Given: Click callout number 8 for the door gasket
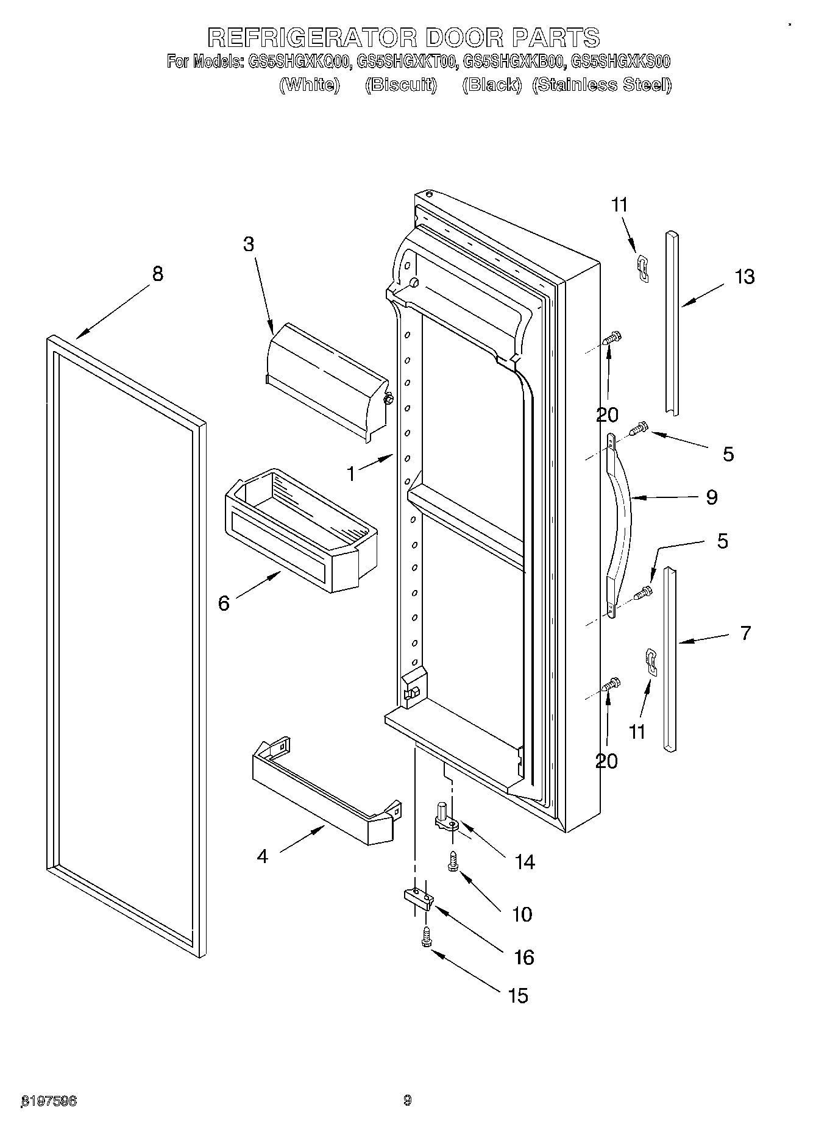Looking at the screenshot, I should point(157,274).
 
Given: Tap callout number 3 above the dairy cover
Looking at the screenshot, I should point(248,244).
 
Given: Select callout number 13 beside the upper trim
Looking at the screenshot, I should point(744,277).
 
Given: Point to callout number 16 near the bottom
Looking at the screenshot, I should point(524,957).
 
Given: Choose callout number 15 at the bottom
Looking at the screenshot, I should point(517,996).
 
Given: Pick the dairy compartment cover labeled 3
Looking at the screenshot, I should point(326,381).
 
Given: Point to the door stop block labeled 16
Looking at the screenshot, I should point(419,898).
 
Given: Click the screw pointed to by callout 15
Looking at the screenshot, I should point(426,937).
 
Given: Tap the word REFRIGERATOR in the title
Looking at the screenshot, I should point(311,38).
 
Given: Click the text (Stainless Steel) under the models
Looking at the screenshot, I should point(601,85).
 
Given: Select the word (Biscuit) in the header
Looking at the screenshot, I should point(400,85).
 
